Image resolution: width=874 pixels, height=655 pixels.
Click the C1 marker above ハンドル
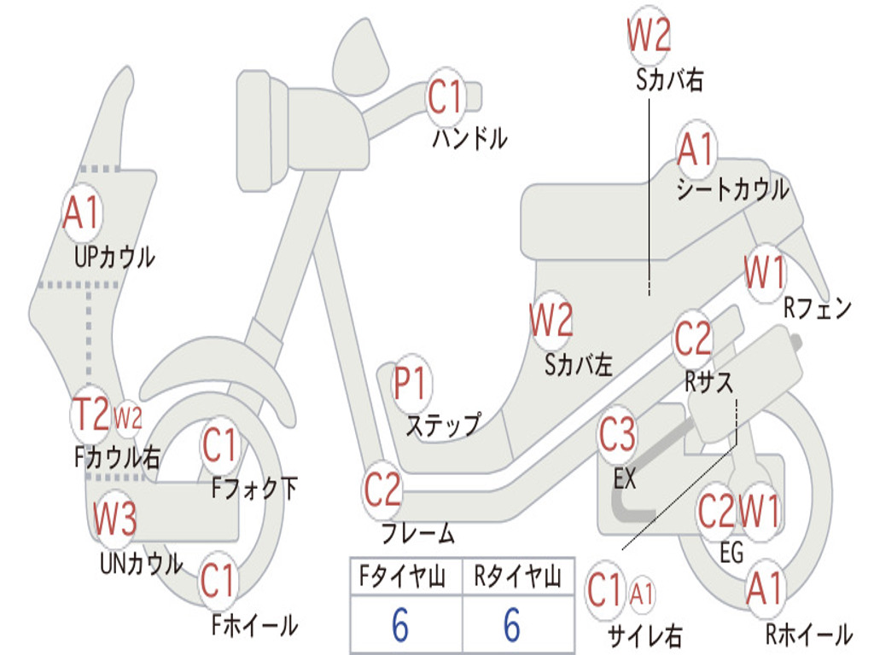(445, 96)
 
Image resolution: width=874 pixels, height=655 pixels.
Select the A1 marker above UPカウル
(82, 213)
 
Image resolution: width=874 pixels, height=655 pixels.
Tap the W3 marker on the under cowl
(114, 519)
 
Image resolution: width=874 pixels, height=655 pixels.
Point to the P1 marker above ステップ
(411, 384)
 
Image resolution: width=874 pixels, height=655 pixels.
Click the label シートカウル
(732, 190)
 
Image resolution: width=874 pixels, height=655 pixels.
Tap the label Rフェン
(818, 309)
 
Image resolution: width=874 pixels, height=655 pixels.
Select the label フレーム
(417, 535)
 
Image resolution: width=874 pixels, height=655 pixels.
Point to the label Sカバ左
(579, 365)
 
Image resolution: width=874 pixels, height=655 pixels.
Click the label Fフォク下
(255, 489)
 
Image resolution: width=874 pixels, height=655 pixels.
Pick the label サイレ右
(644, 635)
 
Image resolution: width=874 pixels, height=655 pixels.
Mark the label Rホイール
(807, 635)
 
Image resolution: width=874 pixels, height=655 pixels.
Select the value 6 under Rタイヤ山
(511, 625)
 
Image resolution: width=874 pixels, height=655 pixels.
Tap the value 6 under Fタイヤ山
(399, 625)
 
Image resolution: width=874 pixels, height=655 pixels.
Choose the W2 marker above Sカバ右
(649, 36)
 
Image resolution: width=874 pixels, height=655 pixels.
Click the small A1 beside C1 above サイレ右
(643, 591)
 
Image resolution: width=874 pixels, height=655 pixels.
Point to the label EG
(731, 553)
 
